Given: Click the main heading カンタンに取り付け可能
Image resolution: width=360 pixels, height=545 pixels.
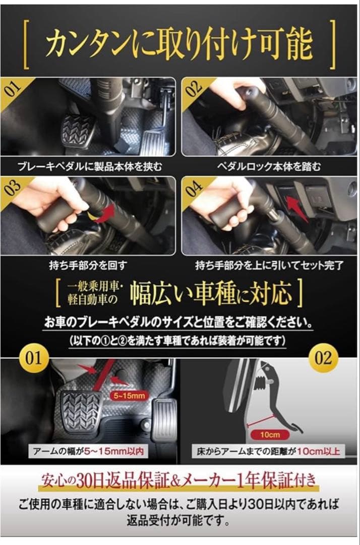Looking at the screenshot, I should [x=179, y=44].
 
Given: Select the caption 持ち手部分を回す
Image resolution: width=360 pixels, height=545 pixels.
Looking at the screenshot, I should [x=90, y=264].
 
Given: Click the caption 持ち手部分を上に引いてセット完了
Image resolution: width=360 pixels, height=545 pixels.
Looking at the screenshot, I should [x=269, y=264].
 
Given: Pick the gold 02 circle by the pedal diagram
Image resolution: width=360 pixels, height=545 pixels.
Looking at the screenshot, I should [x=323, y=359].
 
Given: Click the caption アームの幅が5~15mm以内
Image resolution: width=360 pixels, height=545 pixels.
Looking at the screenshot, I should [x=89, y=451].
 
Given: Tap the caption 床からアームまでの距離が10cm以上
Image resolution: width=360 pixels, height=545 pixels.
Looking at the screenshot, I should [x=268, y=451].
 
